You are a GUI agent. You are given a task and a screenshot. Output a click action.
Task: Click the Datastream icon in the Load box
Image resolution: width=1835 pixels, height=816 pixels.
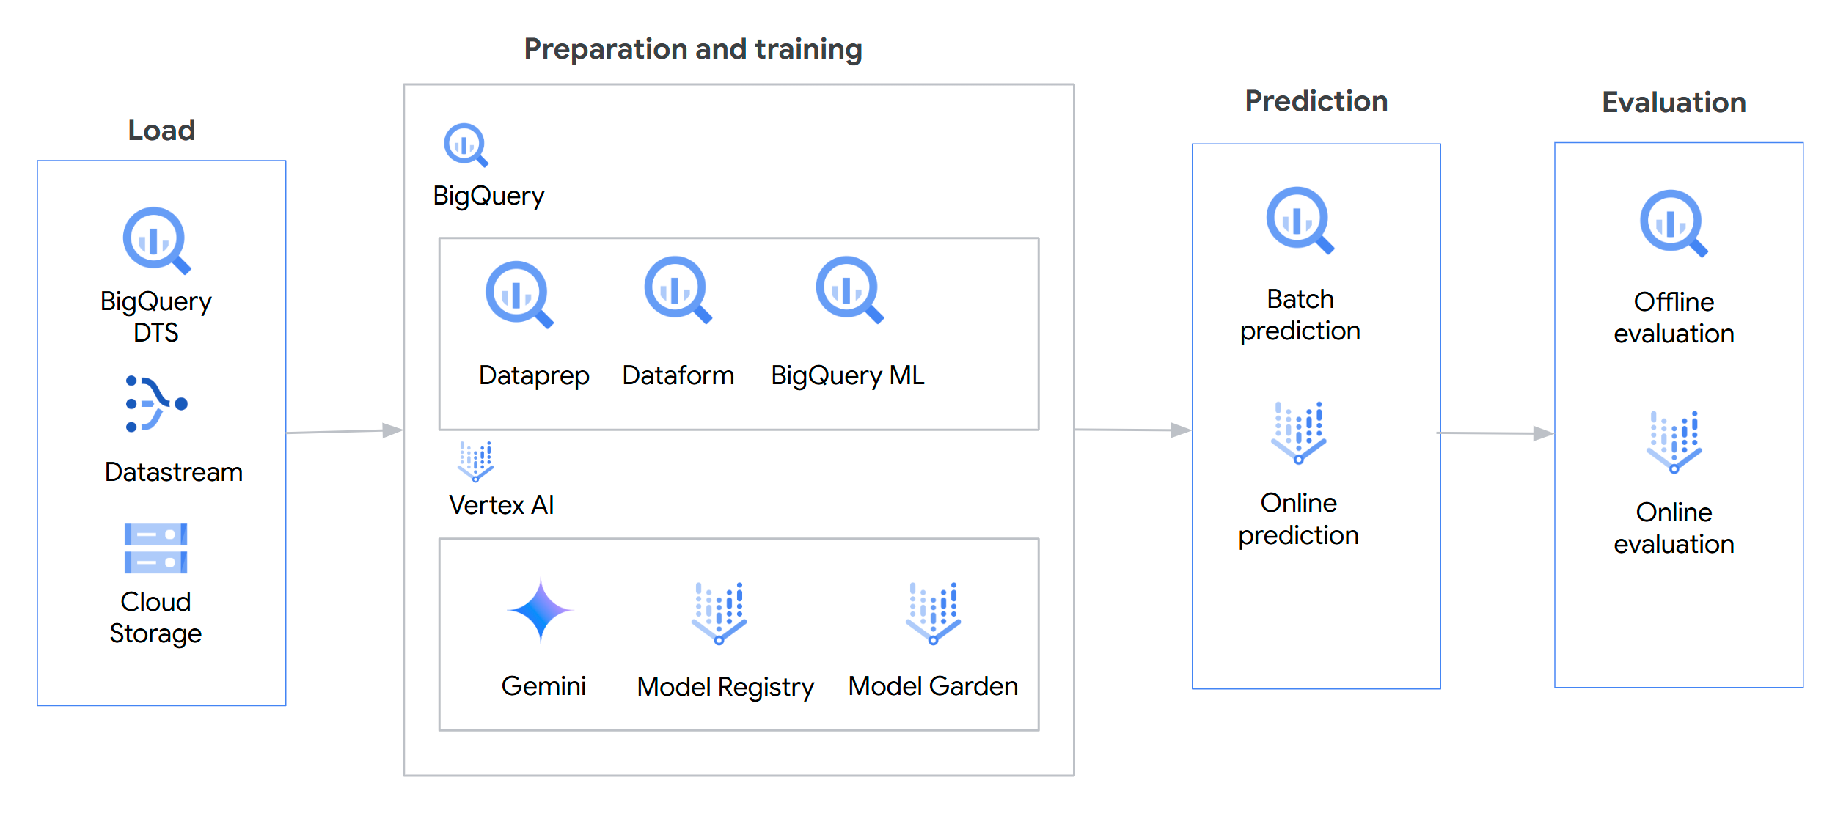click(x=156, y=403)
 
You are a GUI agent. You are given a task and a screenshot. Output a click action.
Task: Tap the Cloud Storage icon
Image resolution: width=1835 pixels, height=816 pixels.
click(x=155, y=548)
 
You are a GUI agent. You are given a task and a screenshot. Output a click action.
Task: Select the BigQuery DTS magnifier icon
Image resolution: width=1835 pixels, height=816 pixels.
click(x=156, y=240)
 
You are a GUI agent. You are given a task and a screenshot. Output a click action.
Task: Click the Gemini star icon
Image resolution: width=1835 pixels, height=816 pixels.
click(x=541, y=610)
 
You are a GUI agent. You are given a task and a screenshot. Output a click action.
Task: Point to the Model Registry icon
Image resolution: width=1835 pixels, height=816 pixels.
click(x=719, y=613)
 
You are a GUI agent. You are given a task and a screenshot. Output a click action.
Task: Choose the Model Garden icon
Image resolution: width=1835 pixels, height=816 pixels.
click(x=933, y=613)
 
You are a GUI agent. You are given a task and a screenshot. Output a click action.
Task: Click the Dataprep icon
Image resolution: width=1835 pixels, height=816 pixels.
click(x=519, y=294)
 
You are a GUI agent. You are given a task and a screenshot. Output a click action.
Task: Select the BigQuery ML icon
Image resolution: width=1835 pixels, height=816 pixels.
click(x=849, y=289)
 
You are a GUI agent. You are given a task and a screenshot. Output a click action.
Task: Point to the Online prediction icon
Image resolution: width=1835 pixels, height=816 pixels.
click(x=1299, y=432)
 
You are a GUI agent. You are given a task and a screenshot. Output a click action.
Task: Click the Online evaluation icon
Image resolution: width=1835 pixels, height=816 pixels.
click(x=1674, y=441)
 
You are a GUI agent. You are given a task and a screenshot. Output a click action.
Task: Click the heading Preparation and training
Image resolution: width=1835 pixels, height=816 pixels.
click(x=693, y=49)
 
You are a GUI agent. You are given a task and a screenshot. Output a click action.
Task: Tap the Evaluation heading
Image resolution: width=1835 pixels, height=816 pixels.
click(x=1674, y=103)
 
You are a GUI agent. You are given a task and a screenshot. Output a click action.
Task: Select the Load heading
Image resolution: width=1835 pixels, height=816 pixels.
click(x=161, y=131)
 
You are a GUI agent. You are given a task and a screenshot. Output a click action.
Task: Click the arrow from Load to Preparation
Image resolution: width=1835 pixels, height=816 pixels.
click(x=344, y=432)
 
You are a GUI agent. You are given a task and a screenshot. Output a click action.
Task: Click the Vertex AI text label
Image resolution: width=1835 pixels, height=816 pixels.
click(x=502, y=505)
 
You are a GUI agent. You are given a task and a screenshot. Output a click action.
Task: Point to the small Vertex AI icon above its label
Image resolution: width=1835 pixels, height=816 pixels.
click(x=476, y=461)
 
